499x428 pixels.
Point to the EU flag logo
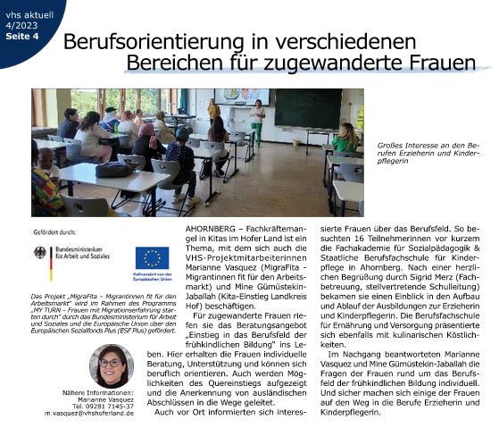(152, 258)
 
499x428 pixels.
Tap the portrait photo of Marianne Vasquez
(112, 367)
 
